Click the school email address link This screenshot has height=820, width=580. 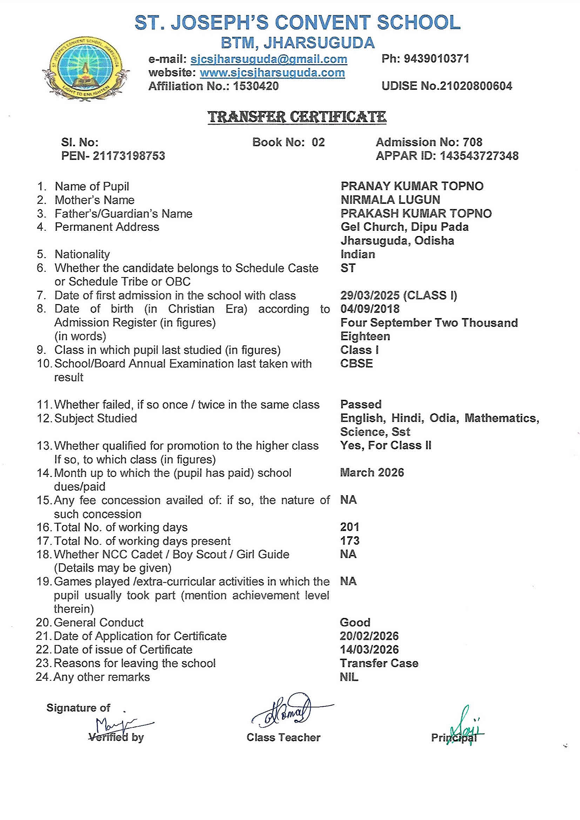coord(269,59)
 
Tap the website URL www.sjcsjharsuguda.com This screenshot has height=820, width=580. coord(272,73)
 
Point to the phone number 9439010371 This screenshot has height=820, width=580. coord(436,59)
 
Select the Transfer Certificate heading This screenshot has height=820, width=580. coord(297,117)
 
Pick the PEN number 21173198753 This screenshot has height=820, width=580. coord(129,156)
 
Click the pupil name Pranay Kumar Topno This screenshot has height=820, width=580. coord(412,186)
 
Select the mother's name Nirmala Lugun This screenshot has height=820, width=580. coord(390,200)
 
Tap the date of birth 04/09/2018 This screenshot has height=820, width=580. coord(370,309)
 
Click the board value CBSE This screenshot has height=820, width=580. coord(356,364)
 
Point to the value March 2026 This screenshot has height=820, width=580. coord(372,472)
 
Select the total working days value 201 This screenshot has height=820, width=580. coord(350,527)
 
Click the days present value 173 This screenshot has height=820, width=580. coord(350,541)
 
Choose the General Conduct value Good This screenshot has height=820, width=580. coord(355,623)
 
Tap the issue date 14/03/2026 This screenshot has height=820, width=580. coord(369,650)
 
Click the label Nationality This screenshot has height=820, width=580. coord(82,254)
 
